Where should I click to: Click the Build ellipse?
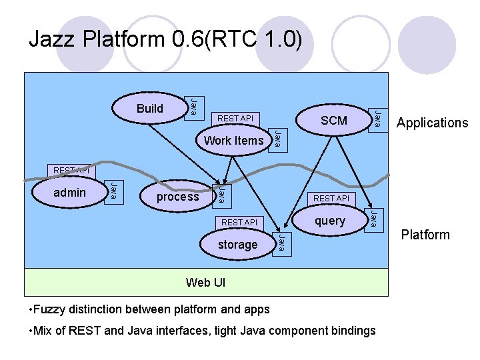pyautogui.click(x=149, y=108)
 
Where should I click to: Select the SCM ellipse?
pyautogui.click(x=333, y=120)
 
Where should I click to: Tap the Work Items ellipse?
pyautogui.click(x=233, y=140)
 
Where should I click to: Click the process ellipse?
pyautogui.click(x=177, y=197)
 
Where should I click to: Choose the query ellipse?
pyautogui.click(x=330, y=221)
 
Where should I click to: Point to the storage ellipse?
pyautogui.click(x=237, y=245)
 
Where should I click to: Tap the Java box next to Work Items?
pyautogui.click(x=278, y=139)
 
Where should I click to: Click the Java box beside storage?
pyautogui.click(x=282, y=243)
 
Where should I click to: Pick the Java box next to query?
pyautogui.click(x=375, y=219)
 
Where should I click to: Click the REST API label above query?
pyautogui.click(x=331, y=198)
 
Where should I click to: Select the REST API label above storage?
pyautogui.click(x=239, y=222)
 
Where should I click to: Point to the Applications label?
pyautogui.click(x=432, y=123)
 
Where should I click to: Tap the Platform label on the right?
pyautogui.click(x=425, y=235)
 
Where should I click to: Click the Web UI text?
pyautogui.click(x=206, y=283)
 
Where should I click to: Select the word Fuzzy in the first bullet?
pyautogui.click(x=51, y=309)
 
